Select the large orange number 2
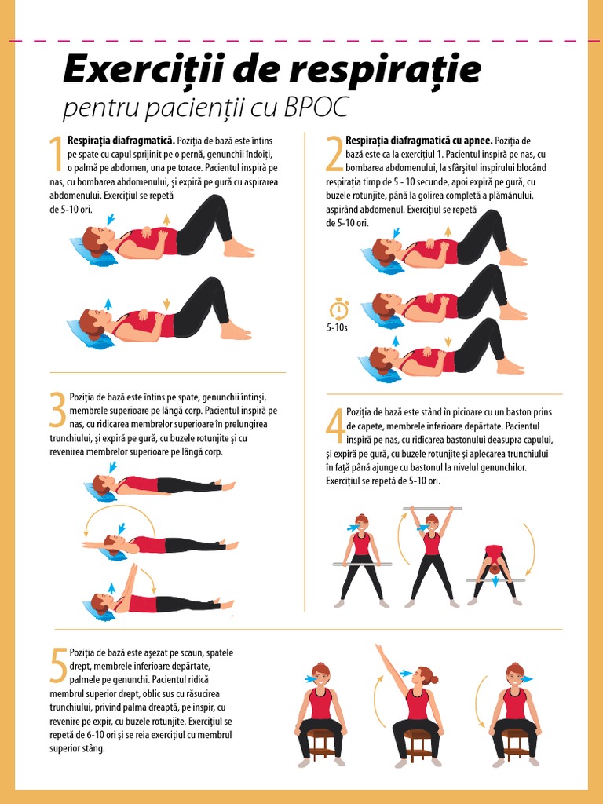pos(334,153)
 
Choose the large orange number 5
pos(58,665)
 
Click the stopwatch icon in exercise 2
pos(339,307)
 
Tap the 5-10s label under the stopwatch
pos(338,328)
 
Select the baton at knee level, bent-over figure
pos(495,580)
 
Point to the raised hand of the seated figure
pos(380,648)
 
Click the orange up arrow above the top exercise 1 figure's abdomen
pos(166,219)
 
